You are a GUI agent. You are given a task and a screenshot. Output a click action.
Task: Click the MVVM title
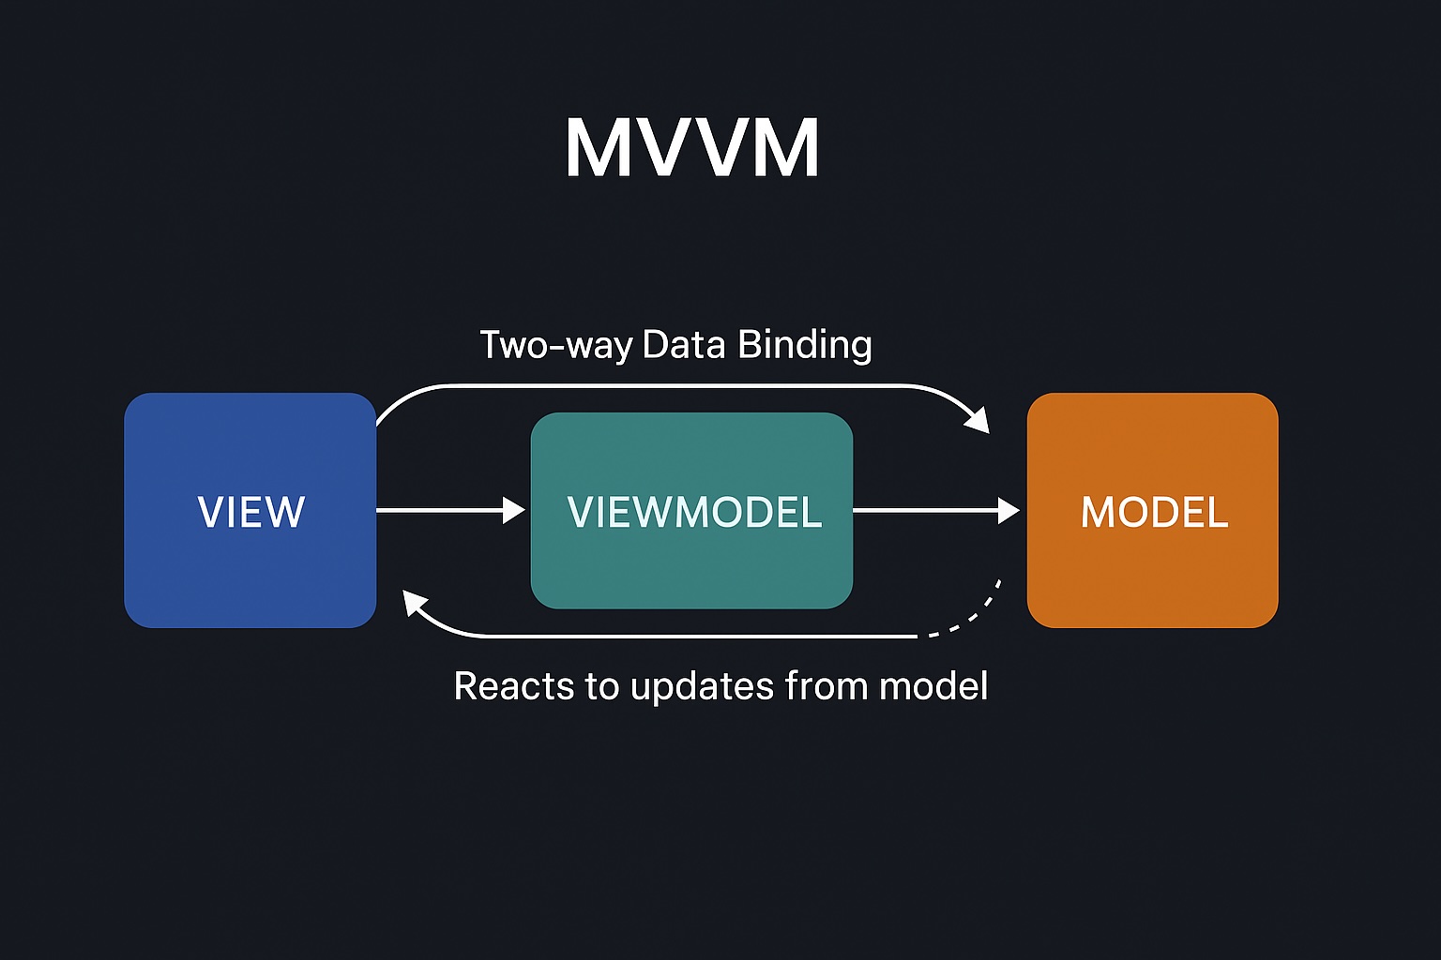tap(692, 148)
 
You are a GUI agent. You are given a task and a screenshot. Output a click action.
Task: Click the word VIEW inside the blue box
tap(250, 512)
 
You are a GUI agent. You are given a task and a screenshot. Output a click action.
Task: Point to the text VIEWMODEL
tap(694, 512)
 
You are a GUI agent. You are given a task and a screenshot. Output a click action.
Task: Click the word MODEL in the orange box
tap(1154, 512)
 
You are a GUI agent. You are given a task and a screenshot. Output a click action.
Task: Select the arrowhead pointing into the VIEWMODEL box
tap(514, 510)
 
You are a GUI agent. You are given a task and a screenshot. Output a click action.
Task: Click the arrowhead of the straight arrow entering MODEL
tap(1009, 510)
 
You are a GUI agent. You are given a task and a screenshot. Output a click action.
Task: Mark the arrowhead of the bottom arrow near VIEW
tap(414, 603)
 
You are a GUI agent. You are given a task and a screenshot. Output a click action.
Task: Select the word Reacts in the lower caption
tap(513, 686)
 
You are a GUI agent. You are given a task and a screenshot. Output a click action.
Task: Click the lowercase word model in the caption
tap(933, 686)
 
